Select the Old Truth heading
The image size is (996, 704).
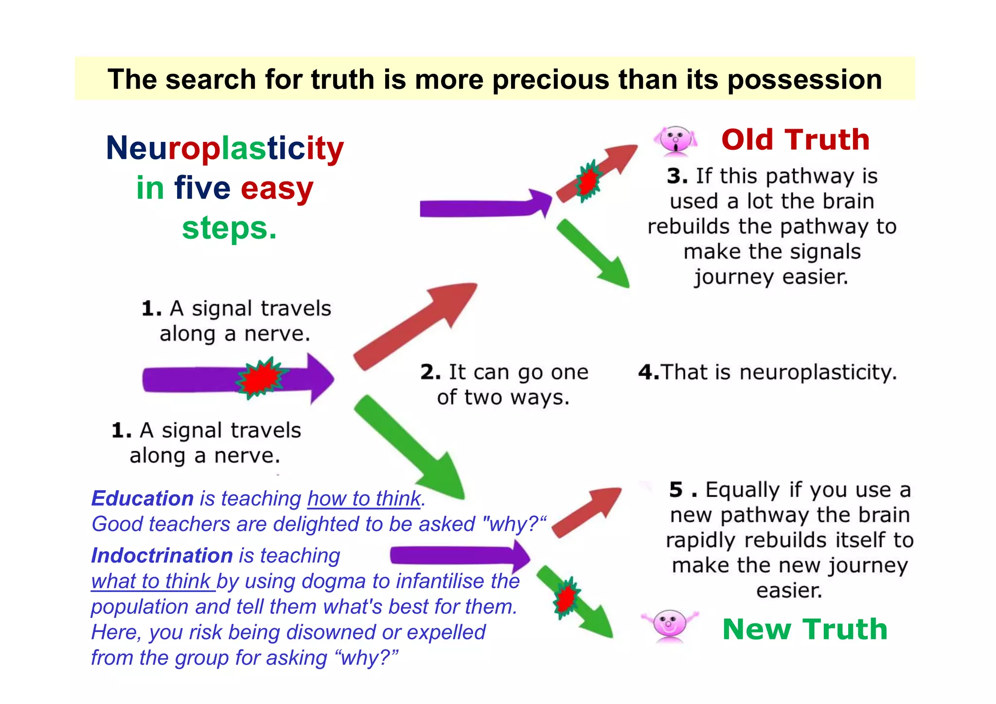795,140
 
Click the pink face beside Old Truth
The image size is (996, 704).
676,141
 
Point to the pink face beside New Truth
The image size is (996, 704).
669,625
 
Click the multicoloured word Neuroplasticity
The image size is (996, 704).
225,148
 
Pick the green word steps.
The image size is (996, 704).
229,228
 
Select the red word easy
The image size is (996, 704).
277,189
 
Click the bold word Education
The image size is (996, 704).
142,499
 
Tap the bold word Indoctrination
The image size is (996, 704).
162,556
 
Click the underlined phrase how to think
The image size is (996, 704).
364,499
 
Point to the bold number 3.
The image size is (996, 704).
677,176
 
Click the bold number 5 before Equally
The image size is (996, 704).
676,490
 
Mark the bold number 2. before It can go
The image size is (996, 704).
430,372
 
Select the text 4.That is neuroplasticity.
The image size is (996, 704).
767,372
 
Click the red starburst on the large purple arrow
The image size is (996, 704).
261,378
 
